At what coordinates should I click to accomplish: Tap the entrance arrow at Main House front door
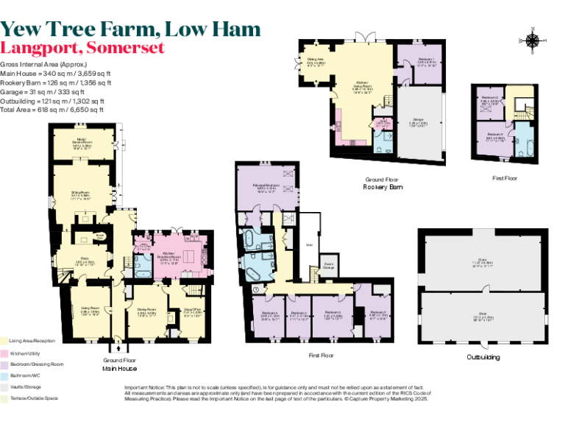pyautogui.click(x=118, y=346)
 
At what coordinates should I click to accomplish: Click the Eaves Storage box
pyautogui.click(x=329, y=266)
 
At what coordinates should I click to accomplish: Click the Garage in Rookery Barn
pyautogui.click(x=419, y=124)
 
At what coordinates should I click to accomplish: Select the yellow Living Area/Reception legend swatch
pyautogui.click(x=4, y=342)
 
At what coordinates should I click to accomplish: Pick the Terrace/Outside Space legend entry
pyautogui.click(x=30, y=397)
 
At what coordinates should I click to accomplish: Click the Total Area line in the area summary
pyautogui.click(x=51, y=109)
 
